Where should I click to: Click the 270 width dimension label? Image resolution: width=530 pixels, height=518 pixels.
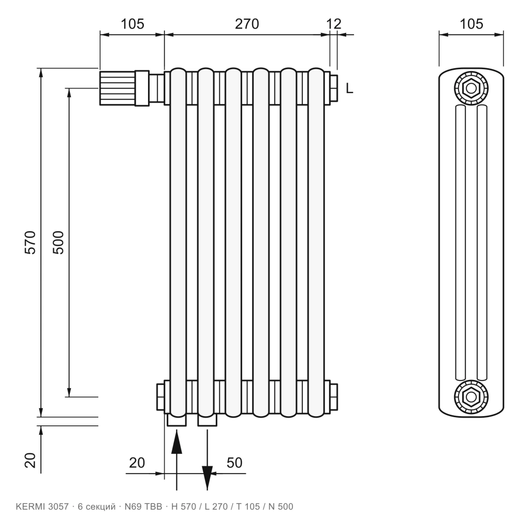click(x=247, y=24)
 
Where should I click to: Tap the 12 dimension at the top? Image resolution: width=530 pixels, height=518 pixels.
click(x=334, y=24)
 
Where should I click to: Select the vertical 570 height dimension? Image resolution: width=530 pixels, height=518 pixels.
click(x=30, y=242)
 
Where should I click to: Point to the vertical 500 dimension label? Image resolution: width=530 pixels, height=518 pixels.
click(x=58, y=242)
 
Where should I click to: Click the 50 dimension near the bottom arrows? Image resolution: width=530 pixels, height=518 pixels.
click(x=234, y=463)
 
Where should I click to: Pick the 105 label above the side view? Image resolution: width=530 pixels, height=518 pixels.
click(x=471, y=24)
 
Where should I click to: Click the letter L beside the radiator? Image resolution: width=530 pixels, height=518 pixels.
click(x=349, y=88)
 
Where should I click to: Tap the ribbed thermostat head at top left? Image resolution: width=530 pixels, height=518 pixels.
click(x=117, y=88)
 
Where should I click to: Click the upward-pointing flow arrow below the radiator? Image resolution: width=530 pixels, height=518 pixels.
click(x=176, y=460)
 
